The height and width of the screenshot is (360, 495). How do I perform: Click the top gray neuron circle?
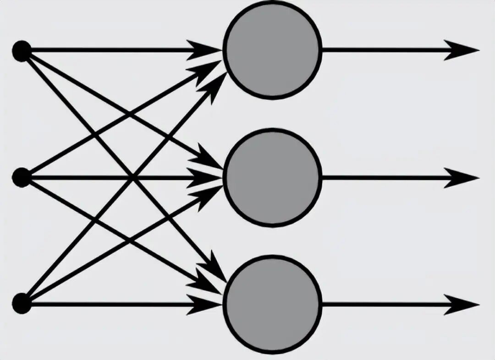(272, 50)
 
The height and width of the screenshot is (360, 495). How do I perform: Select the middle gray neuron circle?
(272, 177)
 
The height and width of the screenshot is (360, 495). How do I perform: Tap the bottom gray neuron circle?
(272, 305)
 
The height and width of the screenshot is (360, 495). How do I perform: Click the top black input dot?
(22, 50)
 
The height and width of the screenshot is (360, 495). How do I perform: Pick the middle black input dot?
(22, 178)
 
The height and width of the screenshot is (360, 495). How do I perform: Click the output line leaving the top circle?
(380, 50)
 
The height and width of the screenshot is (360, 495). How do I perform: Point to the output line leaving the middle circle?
(380, 178)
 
